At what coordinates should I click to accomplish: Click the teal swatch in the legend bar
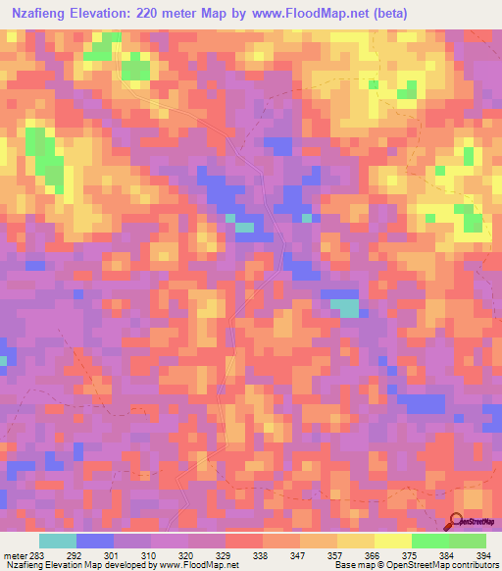58,542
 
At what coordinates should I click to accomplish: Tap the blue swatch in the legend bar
95,542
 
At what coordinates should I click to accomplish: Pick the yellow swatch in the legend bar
392,542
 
